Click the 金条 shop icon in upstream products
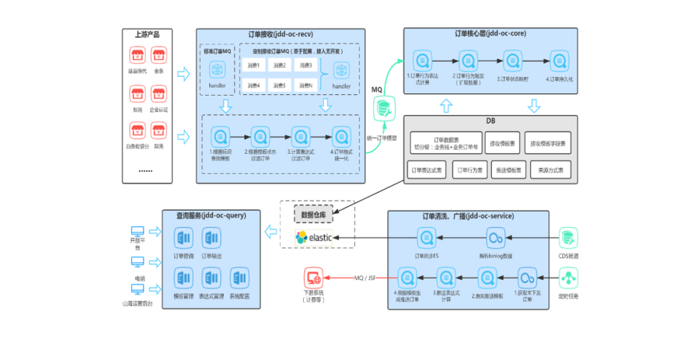point(159,55)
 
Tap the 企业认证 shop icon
point(159,94)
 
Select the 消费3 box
point(306,65)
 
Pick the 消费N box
point(306,85)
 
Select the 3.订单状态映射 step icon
point(510,61)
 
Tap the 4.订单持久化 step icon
point(558,61)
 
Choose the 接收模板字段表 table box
point(548,143)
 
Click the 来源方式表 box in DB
point(551,171)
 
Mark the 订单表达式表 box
point(427,171)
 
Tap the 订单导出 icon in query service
point(212,238)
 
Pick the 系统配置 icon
point(240,279)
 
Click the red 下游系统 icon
point(313,278)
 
